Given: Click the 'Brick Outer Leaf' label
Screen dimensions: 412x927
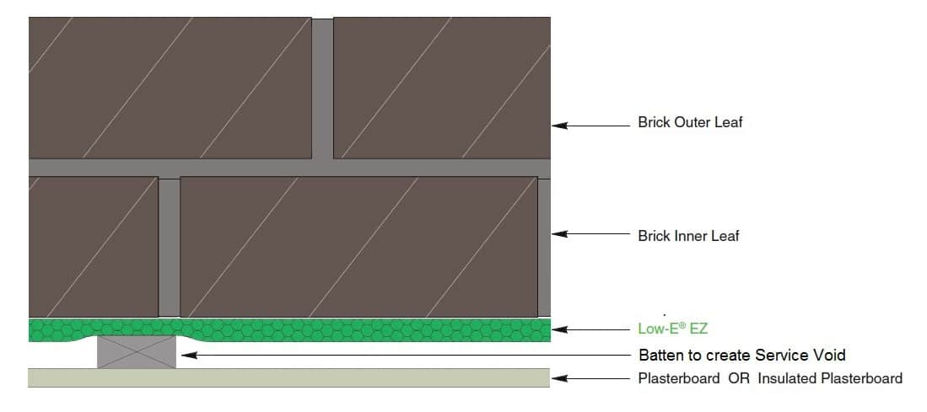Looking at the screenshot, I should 689,123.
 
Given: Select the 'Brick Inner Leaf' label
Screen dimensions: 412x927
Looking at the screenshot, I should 688,236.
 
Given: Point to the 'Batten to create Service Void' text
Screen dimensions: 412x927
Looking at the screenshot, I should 741,355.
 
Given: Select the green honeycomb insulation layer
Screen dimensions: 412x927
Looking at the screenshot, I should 337,329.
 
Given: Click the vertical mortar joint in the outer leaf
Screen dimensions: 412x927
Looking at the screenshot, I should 322,88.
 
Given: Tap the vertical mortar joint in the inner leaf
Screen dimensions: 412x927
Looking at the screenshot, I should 170,246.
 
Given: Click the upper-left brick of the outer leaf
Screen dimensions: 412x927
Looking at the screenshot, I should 170,88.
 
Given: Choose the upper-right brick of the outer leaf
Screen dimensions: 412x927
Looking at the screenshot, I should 442,88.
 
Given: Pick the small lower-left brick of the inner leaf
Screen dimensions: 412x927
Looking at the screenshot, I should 93,246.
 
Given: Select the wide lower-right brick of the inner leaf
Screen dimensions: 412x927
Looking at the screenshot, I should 358,246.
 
